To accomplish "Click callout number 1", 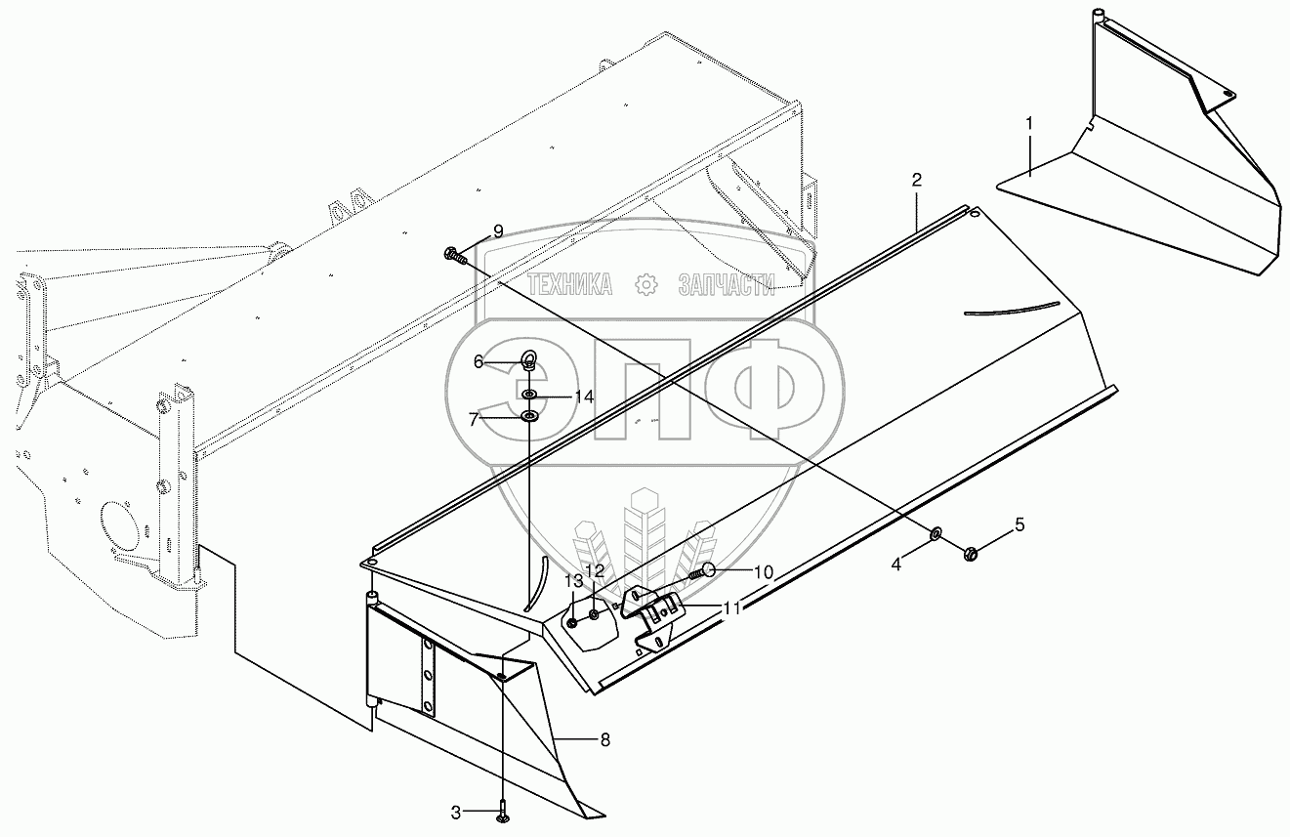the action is click(x=1028, y=124).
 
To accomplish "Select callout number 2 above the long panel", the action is click(x=916, y=180).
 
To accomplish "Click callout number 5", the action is click(x=1020, y=524).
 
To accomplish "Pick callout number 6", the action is click(x=479, y=361).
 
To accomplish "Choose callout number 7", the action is click(x=474, y=419).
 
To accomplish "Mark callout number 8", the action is click(x=604, y=740).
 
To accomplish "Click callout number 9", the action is click(x=498, y=230).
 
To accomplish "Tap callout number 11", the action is click(x=731, y=607).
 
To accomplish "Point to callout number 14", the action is click(x=583, y=397).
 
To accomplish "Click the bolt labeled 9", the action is click(x=452, y=255).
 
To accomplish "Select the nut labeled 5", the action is click(x=971, y=554).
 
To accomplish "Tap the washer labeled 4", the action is click(x=935, y=533).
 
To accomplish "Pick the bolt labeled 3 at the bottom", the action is click(x=501, y=810).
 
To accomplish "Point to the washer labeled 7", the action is click(x=528, y=417).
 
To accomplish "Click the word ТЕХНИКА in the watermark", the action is click(x=570, y=284).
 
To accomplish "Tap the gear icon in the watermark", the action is click(x=645, y=284).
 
